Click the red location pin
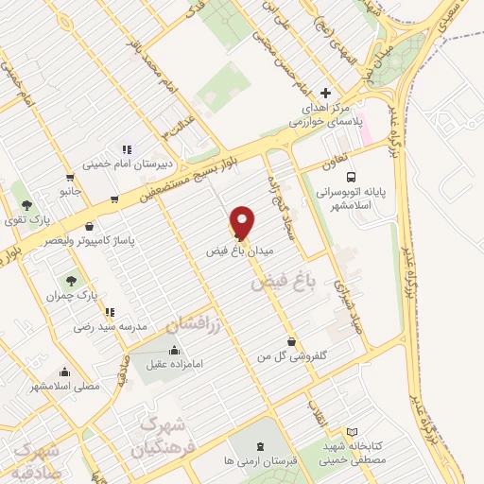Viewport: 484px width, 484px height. (242, 221)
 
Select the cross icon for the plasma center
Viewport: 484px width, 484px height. (325, 93)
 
